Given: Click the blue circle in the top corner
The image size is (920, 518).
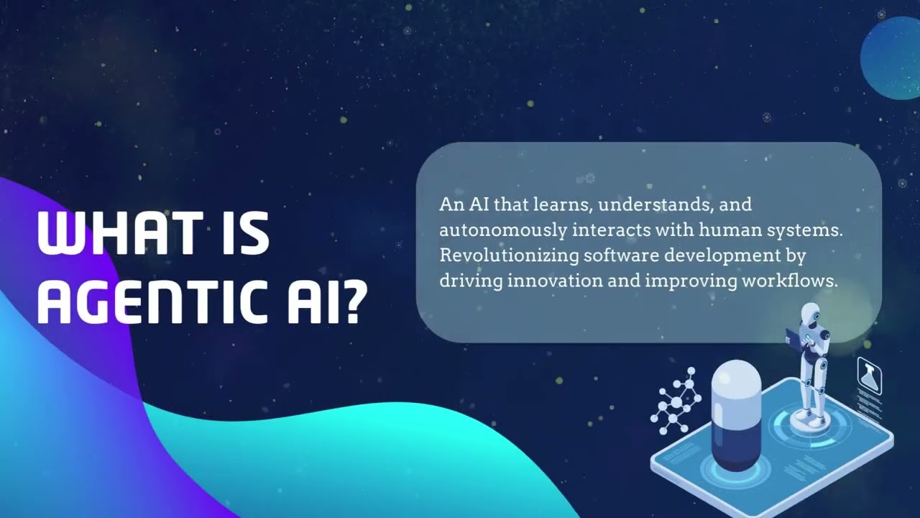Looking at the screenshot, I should (892, 58).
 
